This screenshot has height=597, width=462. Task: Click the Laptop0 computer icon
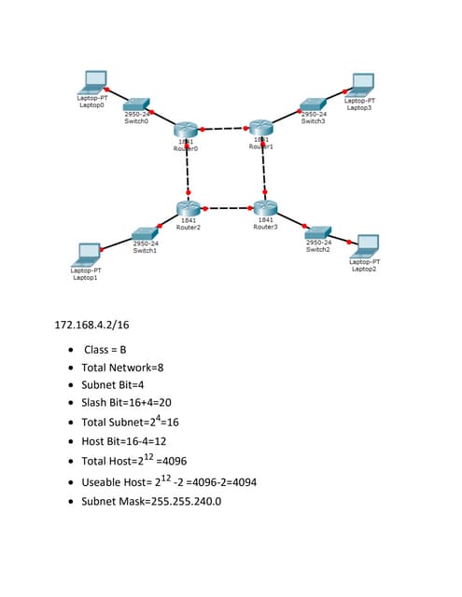pos(95,81)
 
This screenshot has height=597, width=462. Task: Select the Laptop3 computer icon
pos(362,84)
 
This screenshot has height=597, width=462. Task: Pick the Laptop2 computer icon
pos(367,245)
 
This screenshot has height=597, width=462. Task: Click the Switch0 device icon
pos(137,105)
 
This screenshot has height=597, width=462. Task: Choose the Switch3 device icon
pos(313,105)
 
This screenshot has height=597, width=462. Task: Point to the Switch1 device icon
pos(144,232)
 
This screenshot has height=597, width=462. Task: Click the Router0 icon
pos(187,131)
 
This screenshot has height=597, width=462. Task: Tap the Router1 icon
pos(260,128)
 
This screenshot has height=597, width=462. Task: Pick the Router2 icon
pos(189,208)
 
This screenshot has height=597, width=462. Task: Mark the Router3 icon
pos(265,208)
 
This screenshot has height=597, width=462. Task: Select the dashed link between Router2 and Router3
pos(227,208)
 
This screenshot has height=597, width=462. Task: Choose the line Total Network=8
pos(122,368)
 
